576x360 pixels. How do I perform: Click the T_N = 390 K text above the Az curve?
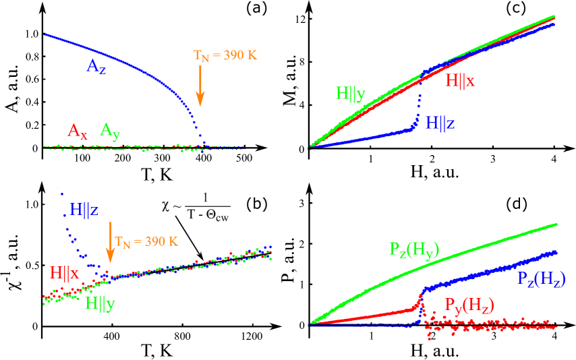pyautogui.click(x=225, y=55)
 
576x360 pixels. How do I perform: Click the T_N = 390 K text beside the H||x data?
pyautogui.click(x=146, y=241)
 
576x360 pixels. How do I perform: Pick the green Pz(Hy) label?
pyautogui.click(x=414, y=249)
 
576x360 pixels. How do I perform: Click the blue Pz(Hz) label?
pyautogui.click(x=541, y=278)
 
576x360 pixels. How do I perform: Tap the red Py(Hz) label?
pyautogui.click(x=468, y=305)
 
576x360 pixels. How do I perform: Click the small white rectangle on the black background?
pyautogui.click(x=206, y=197)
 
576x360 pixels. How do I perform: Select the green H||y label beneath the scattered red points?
pyautogui.click(x=100, y=303)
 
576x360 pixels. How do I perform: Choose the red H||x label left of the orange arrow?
pyautogui.click(x=65, y=273)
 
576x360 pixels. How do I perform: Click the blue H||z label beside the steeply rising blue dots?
pyautogui.click(x=84, y=210)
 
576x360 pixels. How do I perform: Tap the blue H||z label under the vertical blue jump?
pyautogui.click(x=440, y=122)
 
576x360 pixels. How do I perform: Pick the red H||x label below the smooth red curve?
pyautogui.click(x=460, y=81)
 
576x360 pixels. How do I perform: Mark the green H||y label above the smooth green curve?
pyautogui.click(x=351, y=94)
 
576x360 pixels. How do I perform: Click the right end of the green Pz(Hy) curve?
pyautogui.click(x=556, y=224)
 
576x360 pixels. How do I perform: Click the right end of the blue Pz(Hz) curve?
pyautogui.click(x=556, y=251)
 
